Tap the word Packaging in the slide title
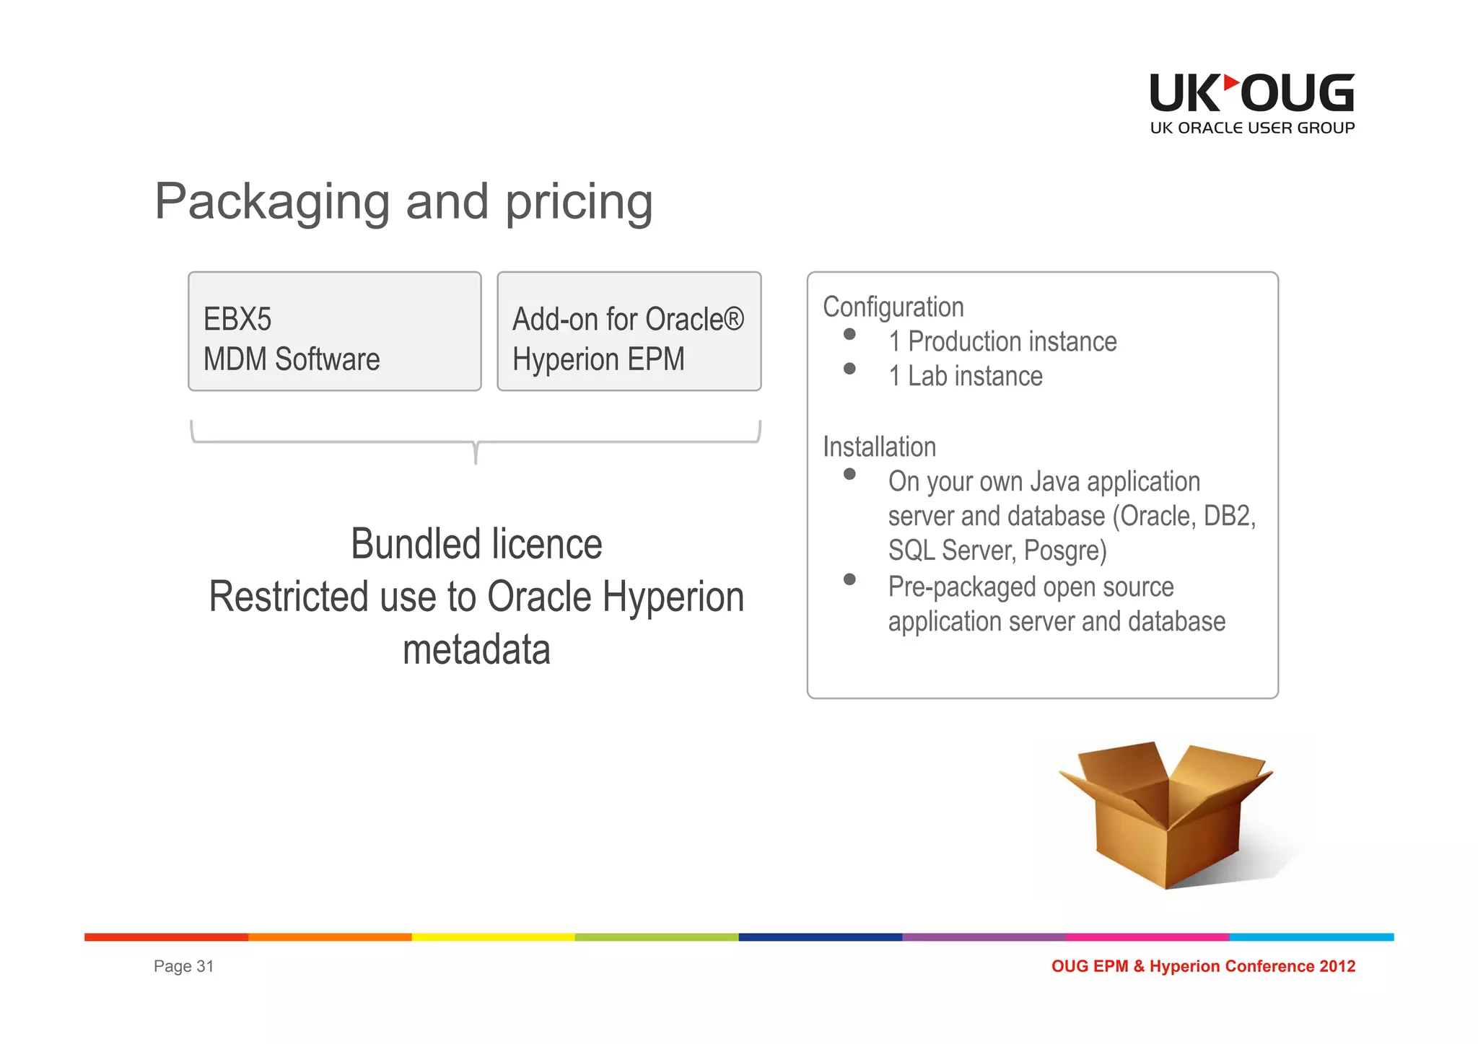(272, 202)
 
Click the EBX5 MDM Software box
(334, 332)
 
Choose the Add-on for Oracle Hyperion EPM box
(629, 332)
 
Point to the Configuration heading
(893, 307)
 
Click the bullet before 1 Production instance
(849, 335)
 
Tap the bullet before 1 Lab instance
(849, 369)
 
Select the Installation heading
(879, 447)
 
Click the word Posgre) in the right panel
(1064, 551)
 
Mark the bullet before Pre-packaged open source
(849, 580)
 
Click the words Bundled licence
(476, 544)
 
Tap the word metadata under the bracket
(476, 650)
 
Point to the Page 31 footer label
(183, 967)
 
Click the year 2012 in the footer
(1337, 967)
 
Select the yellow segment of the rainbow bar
(493, 937)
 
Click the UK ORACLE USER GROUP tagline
(1252, 128)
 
